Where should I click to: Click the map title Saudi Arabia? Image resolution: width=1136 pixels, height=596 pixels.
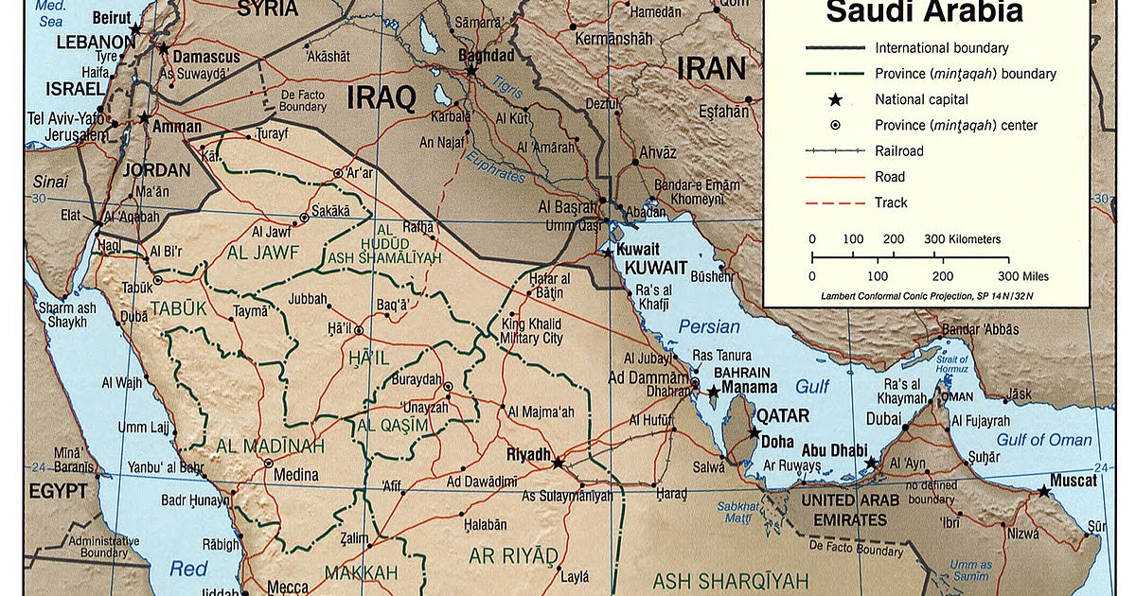[924, 12]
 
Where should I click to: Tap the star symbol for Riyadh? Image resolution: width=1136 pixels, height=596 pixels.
[558, 463]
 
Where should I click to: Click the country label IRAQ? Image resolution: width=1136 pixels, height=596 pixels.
[382, 97]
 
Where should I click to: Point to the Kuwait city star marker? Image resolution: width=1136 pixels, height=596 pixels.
[607, 252]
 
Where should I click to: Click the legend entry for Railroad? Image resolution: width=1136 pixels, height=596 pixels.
[898, 150]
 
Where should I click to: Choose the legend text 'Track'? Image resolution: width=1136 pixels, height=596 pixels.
[891, 202]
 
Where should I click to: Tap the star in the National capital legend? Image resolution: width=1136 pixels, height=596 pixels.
[835, 99]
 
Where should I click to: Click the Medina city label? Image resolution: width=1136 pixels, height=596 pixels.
[295, 476]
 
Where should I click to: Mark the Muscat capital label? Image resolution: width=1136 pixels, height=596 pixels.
[1073, 481]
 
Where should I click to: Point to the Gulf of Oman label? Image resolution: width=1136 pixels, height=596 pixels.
[1043, 439]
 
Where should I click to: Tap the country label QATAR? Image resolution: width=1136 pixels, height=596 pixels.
[783, 415]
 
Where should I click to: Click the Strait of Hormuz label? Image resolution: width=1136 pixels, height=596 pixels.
[951, 364]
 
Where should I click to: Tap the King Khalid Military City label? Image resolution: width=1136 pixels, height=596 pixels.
[532, 331]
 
